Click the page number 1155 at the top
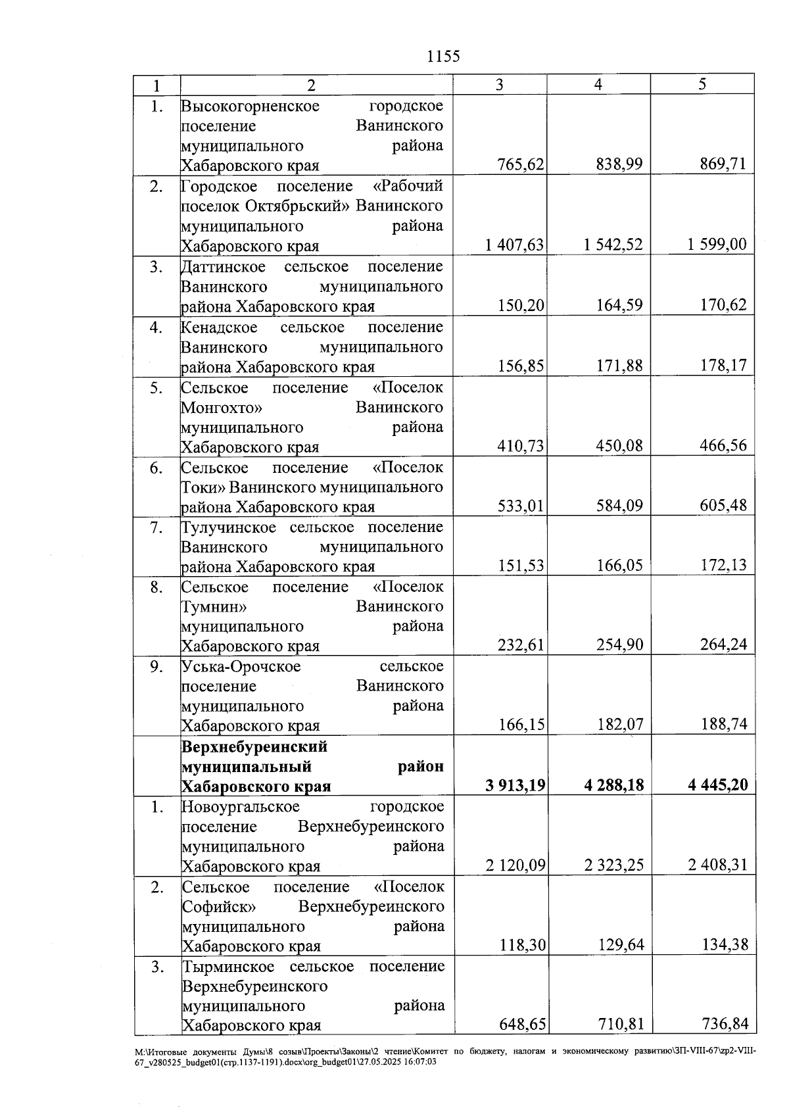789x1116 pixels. click(x=443, y=57)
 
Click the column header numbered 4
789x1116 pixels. click(x=598, y=84)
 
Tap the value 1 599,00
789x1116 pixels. click(x=717, y=245)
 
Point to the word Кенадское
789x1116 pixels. click(x=220, y=328)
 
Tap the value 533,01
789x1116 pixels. click(x=521, y=506)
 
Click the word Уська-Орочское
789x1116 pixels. click(x=241, y=667)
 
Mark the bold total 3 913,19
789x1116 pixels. click(x=515, y=785)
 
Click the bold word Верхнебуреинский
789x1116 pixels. click(x=254, y=747)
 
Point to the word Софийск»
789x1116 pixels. click(x=219, y=907)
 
